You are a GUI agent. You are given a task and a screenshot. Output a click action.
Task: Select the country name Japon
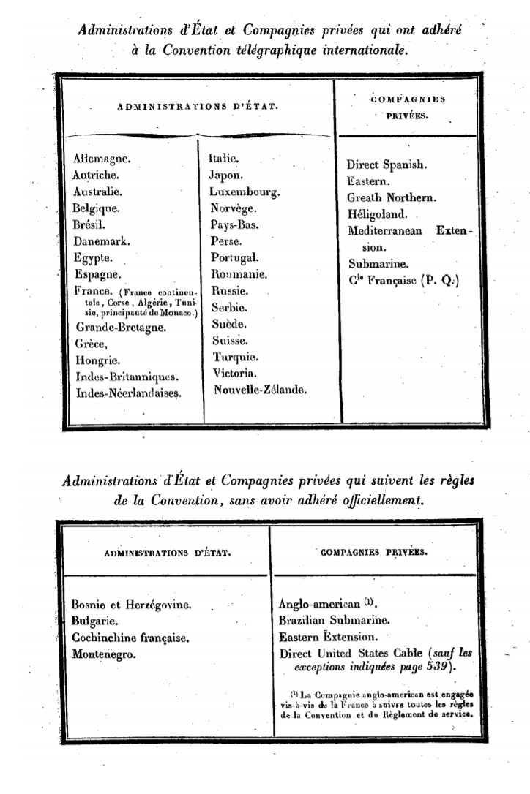(225, 175)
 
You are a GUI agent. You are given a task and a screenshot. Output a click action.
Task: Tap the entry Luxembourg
(244, 192)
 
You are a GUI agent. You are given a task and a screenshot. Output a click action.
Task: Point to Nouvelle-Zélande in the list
(260, 390)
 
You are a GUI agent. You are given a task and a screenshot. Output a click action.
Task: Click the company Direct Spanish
(387, 165)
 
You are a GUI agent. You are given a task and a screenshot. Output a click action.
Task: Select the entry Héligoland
(377, 215)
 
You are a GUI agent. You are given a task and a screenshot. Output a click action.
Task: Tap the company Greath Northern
(392, 197)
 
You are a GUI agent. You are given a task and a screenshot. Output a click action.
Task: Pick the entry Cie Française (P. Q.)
(403, 280)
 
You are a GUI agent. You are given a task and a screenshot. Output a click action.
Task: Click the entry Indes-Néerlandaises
(128, 393)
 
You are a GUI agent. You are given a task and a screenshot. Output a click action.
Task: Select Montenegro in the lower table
(103, 654)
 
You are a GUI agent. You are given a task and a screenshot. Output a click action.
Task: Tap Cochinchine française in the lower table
(130, 638)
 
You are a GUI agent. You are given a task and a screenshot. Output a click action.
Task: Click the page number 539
(436, 668)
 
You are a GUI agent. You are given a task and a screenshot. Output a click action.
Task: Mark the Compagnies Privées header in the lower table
(374, 553)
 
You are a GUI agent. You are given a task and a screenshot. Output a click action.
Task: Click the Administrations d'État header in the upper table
(197, 107)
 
